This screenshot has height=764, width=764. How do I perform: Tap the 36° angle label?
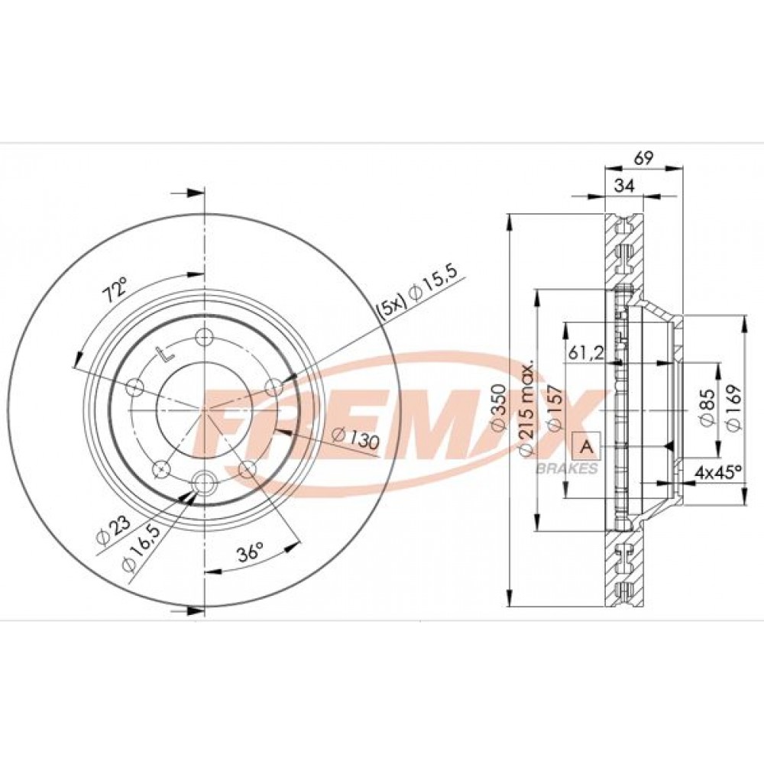pyautogui.click(x=251, y=553)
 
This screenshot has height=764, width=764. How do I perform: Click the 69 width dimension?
pyautogui.click(x=643, y=158)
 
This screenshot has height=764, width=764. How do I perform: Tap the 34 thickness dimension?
pyautogui.click(x=624, y=186)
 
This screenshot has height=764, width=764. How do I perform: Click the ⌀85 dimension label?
pyautogui.click(x=707, y=408)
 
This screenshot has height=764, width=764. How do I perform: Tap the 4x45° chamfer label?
pyautogui.click(x=717, y=472)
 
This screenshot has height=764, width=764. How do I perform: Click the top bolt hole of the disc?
pyautogui.click(x=203, y=337)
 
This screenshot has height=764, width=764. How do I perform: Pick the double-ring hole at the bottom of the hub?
pyautogui.click(x=204, y=484)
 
